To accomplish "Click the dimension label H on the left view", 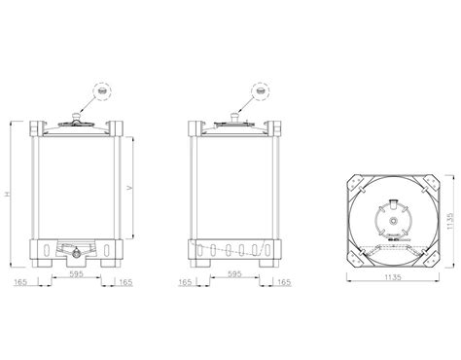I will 9,194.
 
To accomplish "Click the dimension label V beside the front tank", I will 130,186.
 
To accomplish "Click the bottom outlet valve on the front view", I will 76,254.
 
